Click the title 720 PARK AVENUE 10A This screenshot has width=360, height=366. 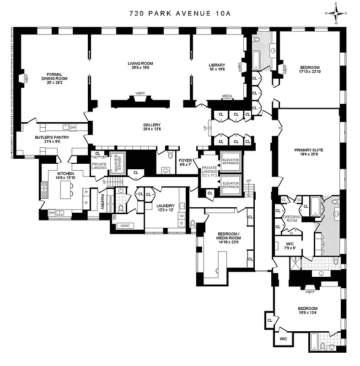[180, 13]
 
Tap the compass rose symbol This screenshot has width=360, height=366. [336, 13]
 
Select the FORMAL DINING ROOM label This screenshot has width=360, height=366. [54, 76]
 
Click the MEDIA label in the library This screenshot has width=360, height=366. [227, 97]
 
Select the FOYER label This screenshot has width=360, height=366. [185, 161]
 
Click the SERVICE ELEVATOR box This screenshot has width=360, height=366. [117, 163]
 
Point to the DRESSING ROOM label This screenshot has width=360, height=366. [291, 219]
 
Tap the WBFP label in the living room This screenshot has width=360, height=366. [140, 93]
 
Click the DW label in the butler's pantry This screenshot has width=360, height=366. [72, 127]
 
